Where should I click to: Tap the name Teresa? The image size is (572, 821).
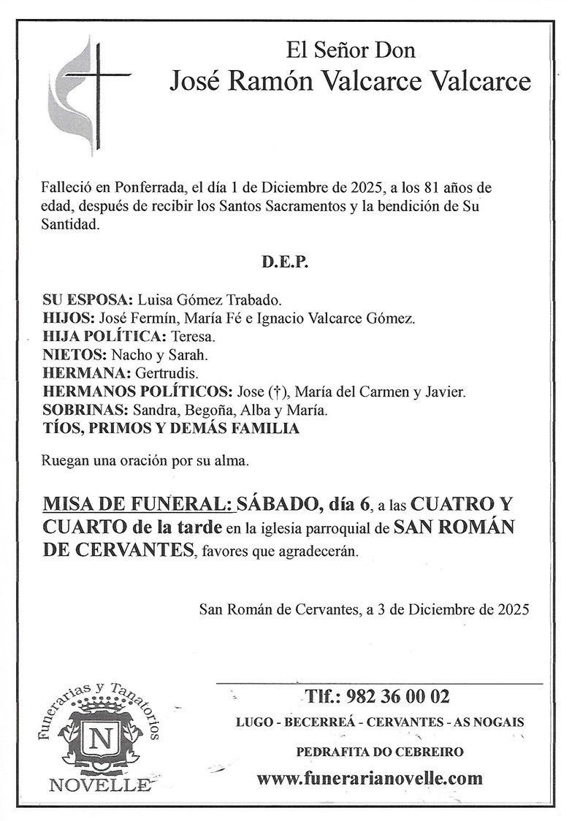tap(192, 337)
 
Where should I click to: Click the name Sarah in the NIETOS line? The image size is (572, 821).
tap(192, 355)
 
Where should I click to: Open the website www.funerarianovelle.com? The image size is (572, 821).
tap(370, 778)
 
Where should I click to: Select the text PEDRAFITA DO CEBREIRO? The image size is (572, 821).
tap(380, 752)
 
